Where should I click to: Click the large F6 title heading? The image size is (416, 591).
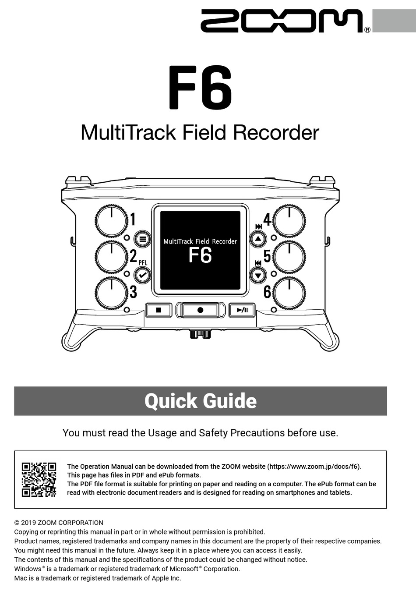[200, 88]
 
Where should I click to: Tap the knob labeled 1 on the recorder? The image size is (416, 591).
[112, 220]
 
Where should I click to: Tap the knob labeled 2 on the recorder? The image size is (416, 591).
[112, 256]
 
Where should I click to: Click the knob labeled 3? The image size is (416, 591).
[112, 292]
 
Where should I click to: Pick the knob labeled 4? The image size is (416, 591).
[289, 220]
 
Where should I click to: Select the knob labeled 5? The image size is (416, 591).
[289, 256]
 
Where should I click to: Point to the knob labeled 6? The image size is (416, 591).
[289, 292]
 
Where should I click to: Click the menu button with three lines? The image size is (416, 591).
[142, 239]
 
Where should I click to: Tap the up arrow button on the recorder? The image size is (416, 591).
[258, 239]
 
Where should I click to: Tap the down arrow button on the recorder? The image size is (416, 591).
[258, 275]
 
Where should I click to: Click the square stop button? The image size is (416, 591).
[159, 310]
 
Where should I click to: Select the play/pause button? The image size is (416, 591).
[242, 310]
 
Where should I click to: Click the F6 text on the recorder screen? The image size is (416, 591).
[200, 255]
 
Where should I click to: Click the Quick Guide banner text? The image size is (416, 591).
[201, 401]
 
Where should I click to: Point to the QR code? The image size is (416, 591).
[39, 479]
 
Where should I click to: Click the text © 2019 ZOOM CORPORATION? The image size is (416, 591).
[59, 522]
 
